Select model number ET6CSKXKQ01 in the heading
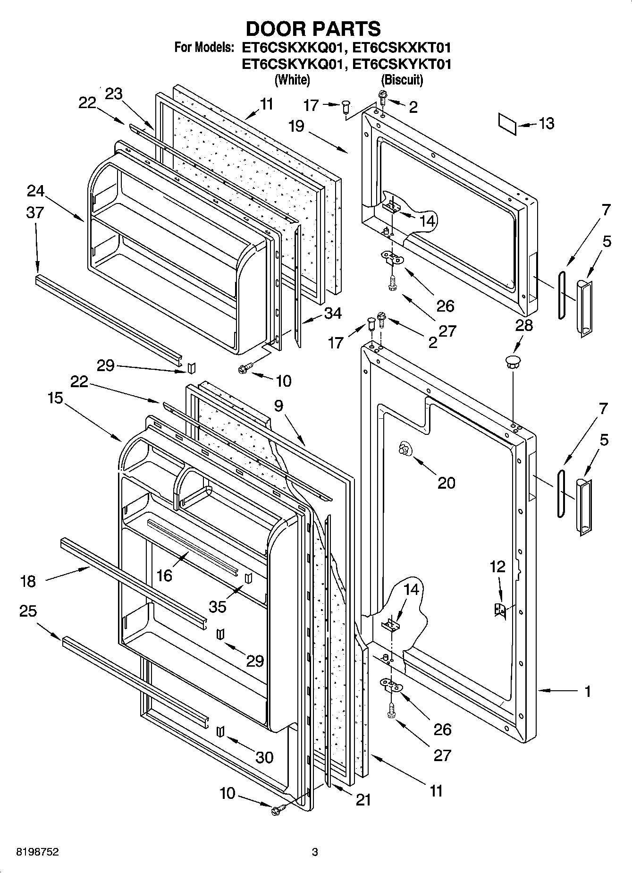pyautogui.click(x=292, y=48)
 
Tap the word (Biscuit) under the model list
pyautogui.click(x=402, y=80)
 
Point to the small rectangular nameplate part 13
pyautogui.click(x=507, y=124)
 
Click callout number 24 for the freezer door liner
pyautogui.click(x=36, y=191)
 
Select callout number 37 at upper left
pyautogui.click(x=35, y=212)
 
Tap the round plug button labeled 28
pyautogui.click(x=513, y=363)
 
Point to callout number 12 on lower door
pyautogui.click(x=497, y=567)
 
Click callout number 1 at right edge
pyautogui.click(x=588, y=692)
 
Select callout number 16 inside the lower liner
pyautogui.click(x=165, y=575)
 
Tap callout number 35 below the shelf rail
pyautogui.click(x=218, y=606)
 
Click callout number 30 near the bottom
pyautogui.click(x=264, y=757)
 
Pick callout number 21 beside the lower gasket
pyautogui.click(x=363, y=800)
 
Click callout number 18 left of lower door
pyautogui.click(x=28, y=581)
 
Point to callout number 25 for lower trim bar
pyautogui.click(x=28, y=611)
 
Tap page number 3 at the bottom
pyautogui.click(x=315, y=852)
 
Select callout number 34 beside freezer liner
pyautogui.click(x=333, y=313)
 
